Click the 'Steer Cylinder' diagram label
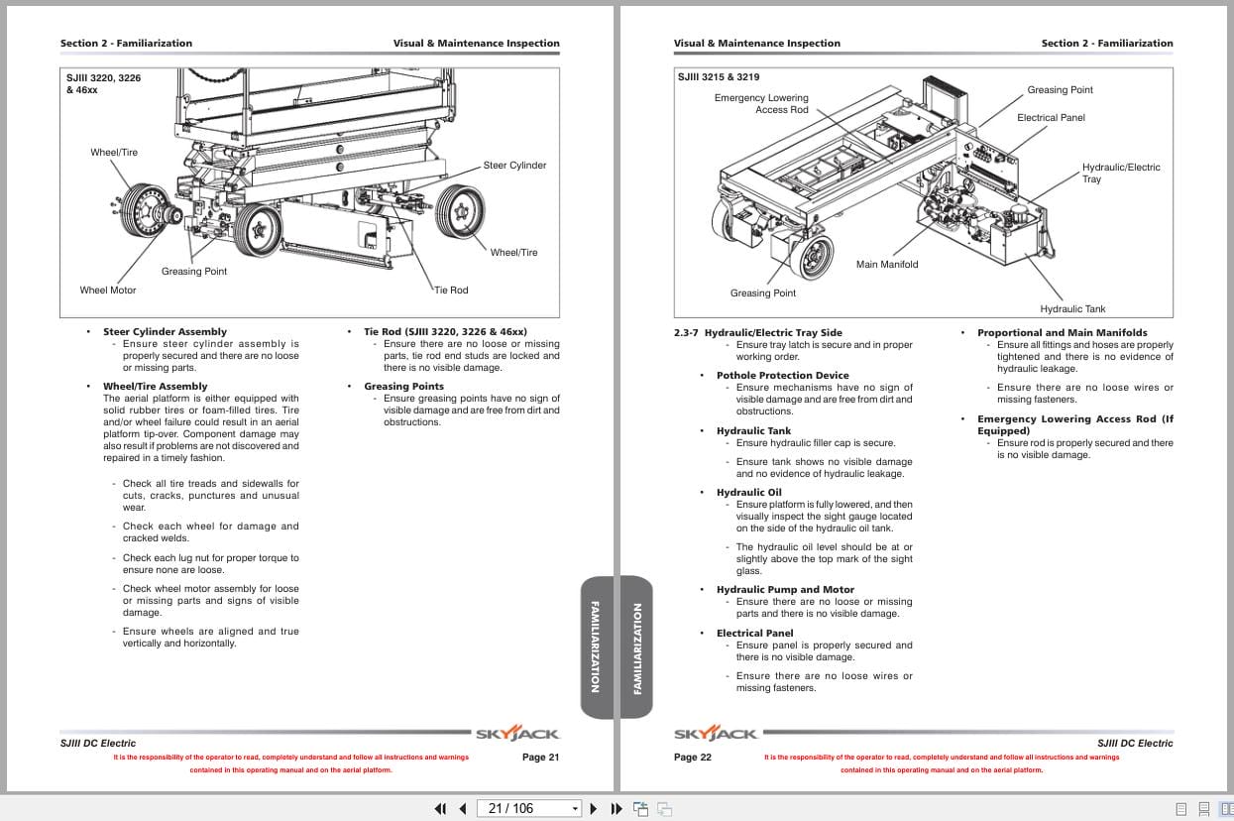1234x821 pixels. [514, 166]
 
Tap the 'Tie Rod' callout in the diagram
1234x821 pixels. [451, 291]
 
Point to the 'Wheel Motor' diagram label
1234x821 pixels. [108, 291]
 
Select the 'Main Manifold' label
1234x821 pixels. [887, 265]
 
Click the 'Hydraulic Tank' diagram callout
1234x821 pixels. [1072, 309]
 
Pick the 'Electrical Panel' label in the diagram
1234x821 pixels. [1051, 118]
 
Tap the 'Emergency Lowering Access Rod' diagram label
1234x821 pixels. [761, 104]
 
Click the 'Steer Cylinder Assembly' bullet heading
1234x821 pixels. [165, 332]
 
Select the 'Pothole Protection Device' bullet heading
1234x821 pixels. [782, 376]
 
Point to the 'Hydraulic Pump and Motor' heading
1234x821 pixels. [785, 590]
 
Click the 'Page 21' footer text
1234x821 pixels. [541, 758]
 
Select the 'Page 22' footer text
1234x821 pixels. [693, 758]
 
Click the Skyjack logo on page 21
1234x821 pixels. [517, 735]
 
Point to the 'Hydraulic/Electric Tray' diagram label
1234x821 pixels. [1120, 174]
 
